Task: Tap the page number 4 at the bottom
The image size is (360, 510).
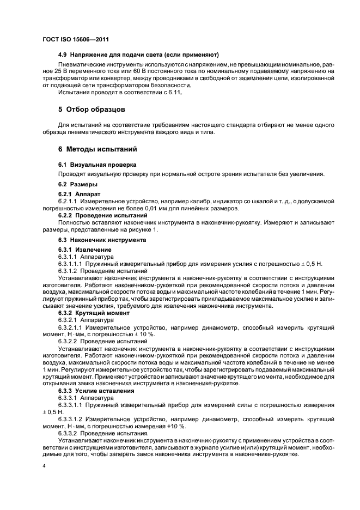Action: (x=44, y=467)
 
